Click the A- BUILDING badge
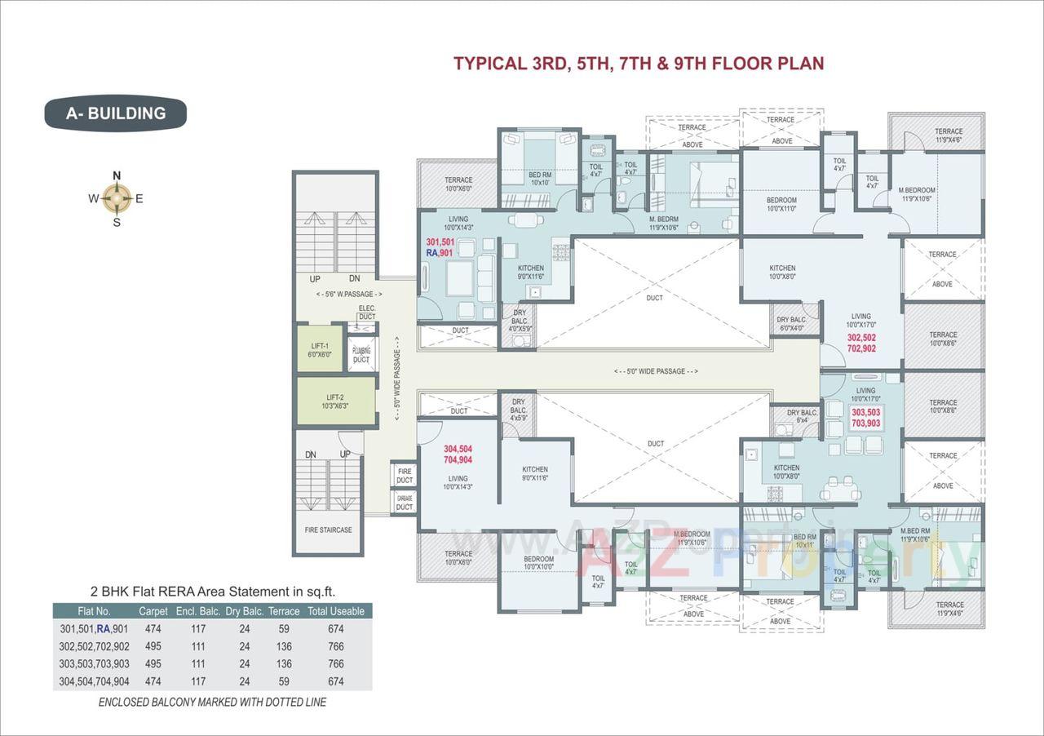coord(115,113)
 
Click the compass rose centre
coord(117,197)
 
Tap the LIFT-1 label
coord(320,351)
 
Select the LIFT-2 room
coord(336,401)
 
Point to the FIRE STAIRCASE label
coord(329,530)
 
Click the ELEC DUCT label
coord(366,312)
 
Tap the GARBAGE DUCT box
coord(405,502)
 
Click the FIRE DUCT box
coord(405,476)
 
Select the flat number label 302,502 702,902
coord(861,343)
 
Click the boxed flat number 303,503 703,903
coord(865,418)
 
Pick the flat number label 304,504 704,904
coord(458,454)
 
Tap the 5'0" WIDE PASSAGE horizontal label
coord(656,371)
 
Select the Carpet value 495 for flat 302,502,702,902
coord(153,646)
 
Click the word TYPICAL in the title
coord(487,64)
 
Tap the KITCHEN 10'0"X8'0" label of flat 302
coord(782,273)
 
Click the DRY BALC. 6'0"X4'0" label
coord(790,324)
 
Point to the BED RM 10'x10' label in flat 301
coord(540,178)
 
